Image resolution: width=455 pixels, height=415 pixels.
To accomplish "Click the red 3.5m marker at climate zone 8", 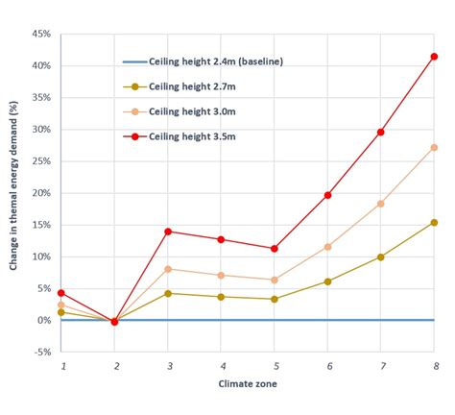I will pos(434,57).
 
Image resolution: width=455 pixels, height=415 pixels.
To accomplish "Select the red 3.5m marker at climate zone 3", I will pos(169,232).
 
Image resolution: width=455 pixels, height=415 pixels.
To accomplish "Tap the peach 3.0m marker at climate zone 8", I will pos(434,147).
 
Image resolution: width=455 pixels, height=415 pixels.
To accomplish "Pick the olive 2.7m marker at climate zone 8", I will pos(434,222).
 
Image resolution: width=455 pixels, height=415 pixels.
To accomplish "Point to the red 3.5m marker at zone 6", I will pos(327,195).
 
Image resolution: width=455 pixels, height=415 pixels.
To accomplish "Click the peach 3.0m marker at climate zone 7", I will pos(381,204).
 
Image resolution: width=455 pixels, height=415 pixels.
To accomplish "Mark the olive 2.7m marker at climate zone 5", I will pos(275,299).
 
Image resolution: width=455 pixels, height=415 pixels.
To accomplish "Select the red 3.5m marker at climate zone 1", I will pos(61,293).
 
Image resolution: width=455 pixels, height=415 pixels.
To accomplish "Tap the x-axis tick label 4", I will pos(222,367).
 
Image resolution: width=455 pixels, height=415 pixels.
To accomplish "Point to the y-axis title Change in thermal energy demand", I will pos(15,192).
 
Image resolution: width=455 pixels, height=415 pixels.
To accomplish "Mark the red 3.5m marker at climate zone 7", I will pos(381,133).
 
